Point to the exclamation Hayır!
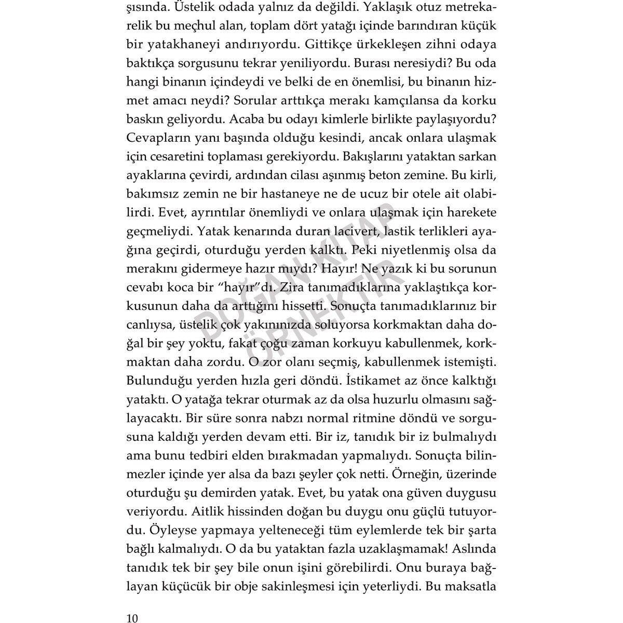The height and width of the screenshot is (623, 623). pyautogui.click(x=340, y=269)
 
